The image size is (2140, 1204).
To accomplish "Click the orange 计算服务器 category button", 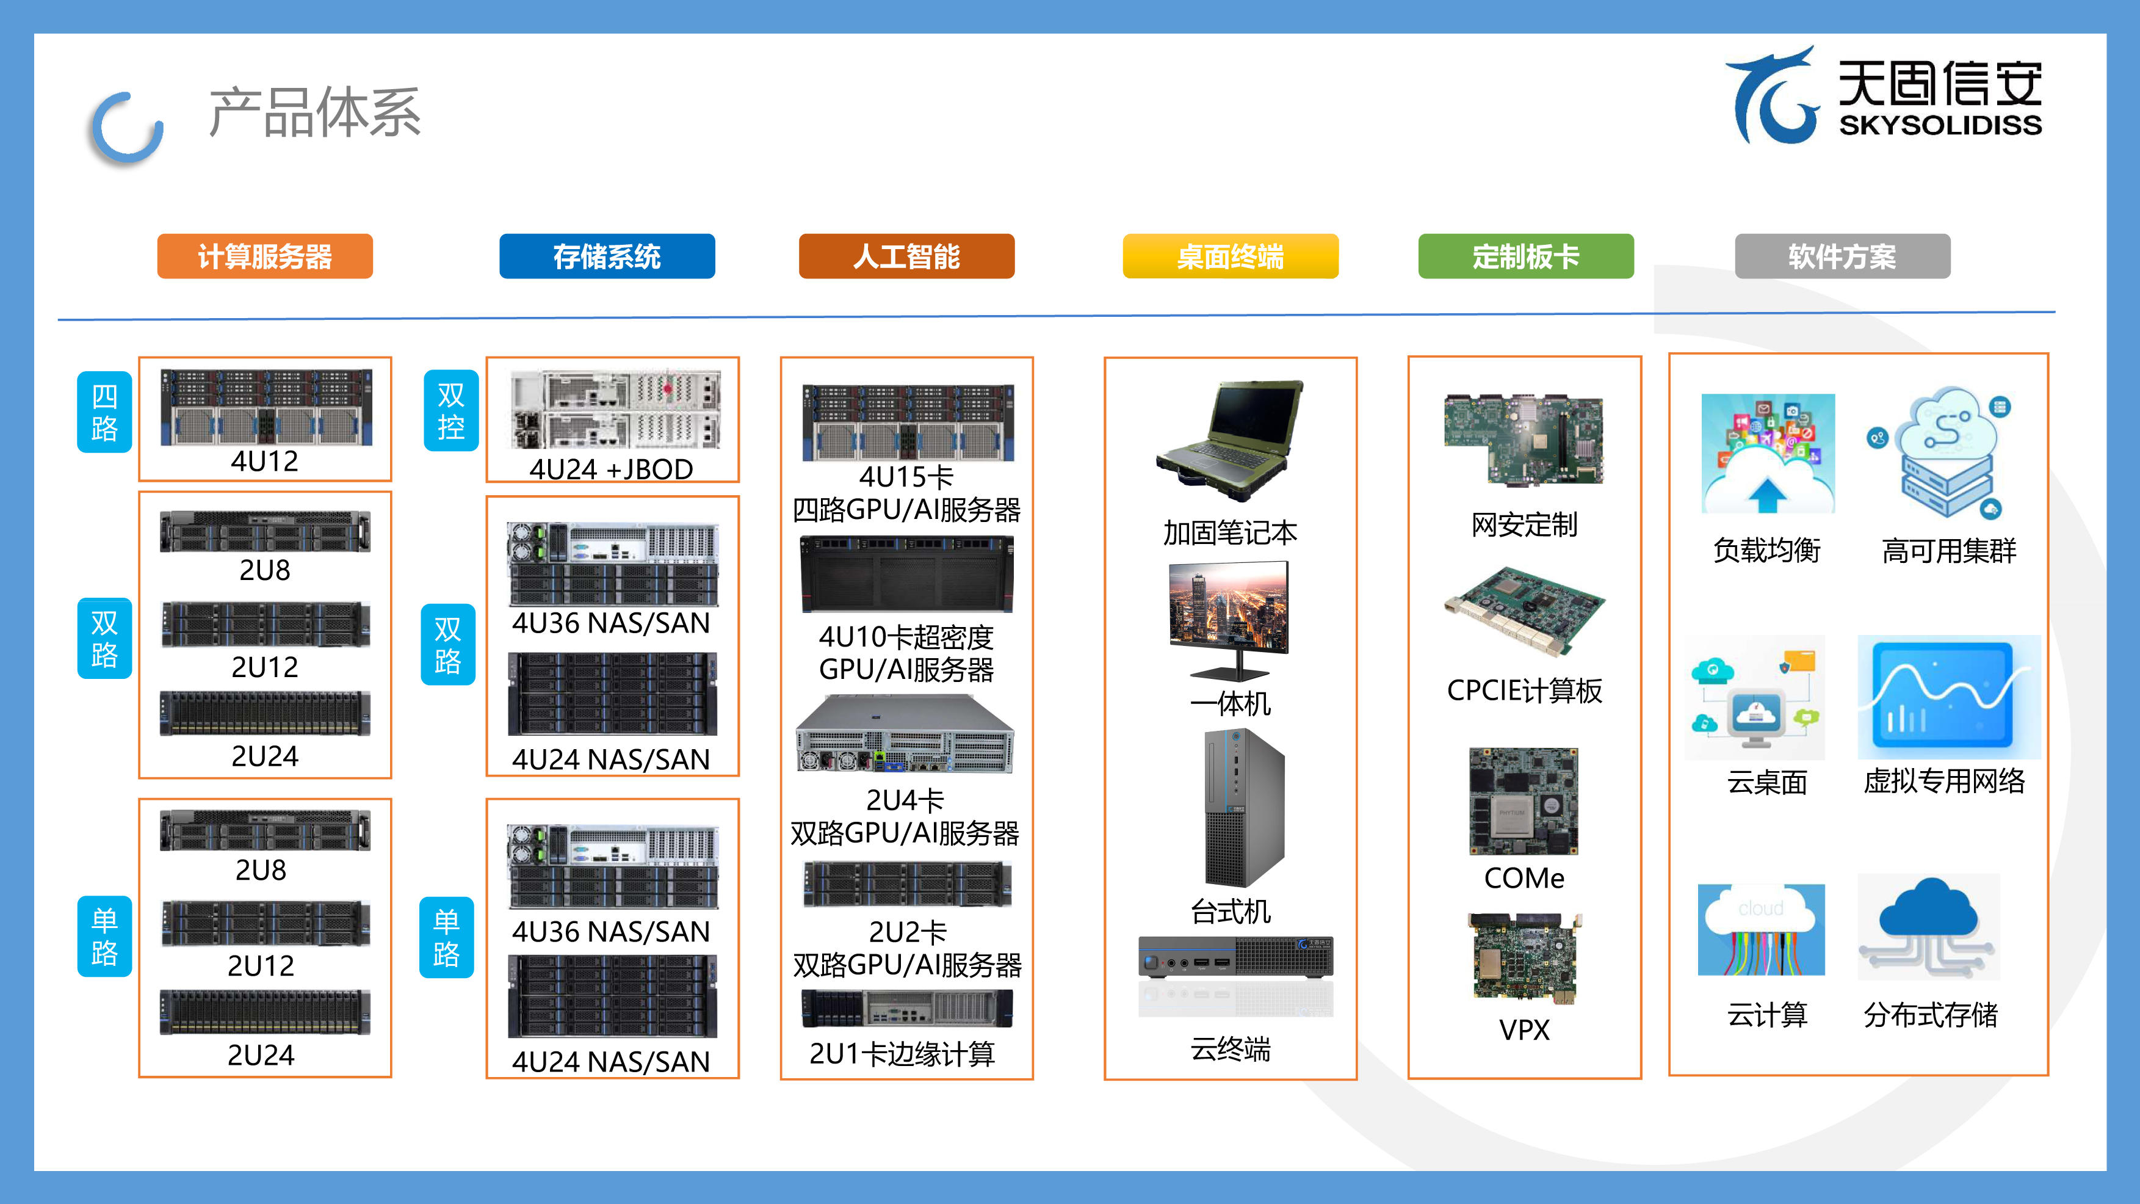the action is tap(265, 256).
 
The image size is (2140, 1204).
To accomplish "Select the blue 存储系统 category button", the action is tap(607, 256).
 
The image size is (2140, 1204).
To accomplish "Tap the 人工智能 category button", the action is tap(906, 256).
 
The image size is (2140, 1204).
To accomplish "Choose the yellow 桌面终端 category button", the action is tap(1231, 256).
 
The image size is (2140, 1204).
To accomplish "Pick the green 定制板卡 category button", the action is tap(1526, 256).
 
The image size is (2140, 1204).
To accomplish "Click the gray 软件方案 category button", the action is tap(1843, 256).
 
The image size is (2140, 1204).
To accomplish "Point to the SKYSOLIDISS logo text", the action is tap(1940, 125).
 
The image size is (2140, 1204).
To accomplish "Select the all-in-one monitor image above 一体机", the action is tap(1229, 620).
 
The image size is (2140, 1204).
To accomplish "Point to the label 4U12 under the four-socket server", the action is tap(264, 461).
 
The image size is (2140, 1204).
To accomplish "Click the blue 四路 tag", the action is tap(104, 412).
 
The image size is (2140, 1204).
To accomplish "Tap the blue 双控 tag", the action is tap(451, 410).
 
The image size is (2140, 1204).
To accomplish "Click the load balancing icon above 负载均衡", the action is tap(1768, 454).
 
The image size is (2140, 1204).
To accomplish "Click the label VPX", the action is tap(1524, 1031).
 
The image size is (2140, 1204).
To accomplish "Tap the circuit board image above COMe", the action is tap(1524, 801).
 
